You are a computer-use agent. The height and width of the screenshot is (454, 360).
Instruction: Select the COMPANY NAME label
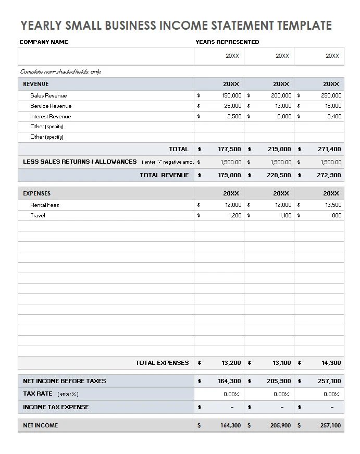click(44, 42)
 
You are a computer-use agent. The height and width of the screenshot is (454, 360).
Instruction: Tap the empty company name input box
click(106, 56)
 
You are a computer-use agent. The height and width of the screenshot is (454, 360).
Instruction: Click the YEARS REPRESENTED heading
click(227, 42)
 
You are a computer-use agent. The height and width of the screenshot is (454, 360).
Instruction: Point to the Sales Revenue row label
click(48, 95)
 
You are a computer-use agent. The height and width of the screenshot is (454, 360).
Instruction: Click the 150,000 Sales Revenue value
click(231, 95)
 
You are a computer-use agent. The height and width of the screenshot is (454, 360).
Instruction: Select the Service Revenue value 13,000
click(281, 106)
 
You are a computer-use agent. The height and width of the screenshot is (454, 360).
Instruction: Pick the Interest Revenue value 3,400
click(333, 116)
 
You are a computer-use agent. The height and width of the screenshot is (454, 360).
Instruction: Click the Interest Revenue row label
click(51, 116)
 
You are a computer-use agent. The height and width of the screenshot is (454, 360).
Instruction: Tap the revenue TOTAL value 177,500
click(229, 149)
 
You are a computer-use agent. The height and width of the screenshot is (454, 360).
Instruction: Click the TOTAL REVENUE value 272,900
click(329, 175)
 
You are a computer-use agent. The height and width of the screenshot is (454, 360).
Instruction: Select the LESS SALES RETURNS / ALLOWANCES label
click(80, 162)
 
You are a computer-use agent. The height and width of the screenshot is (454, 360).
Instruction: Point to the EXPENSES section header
click(37, 193)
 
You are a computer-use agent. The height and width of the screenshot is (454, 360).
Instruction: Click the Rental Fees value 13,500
click(333, 205)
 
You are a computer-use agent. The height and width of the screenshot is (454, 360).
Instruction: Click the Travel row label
click(38, 215)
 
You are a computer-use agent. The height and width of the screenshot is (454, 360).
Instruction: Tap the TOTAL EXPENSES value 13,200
click(231, 363)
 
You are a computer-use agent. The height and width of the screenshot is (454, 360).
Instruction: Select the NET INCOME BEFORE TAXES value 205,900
click(279, 381)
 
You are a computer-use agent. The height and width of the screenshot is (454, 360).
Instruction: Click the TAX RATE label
click(38, 394)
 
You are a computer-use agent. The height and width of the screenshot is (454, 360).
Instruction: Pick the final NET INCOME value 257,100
click(330, 425)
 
